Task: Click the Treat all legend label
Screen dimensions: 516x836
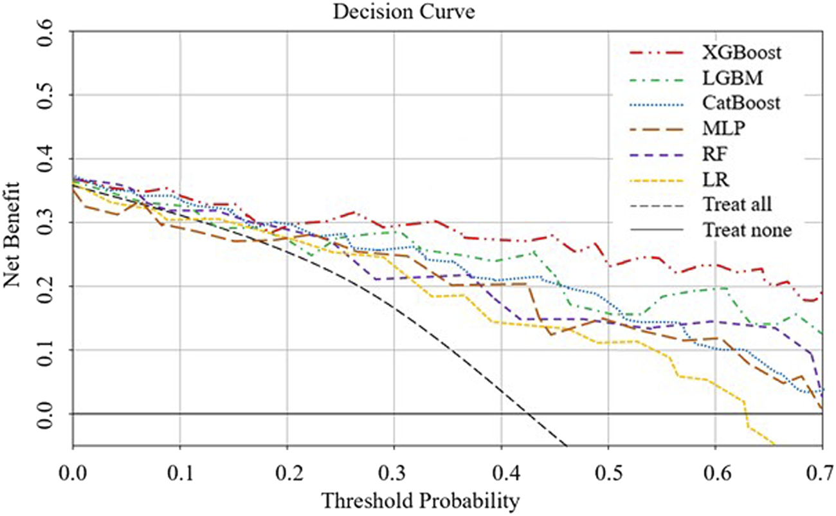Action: coord(738,204)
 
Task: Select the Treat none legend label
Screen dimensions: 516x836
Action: coord(745,229)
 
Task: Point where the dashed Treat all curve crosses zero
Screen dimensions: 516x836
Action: coord(529,414)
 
